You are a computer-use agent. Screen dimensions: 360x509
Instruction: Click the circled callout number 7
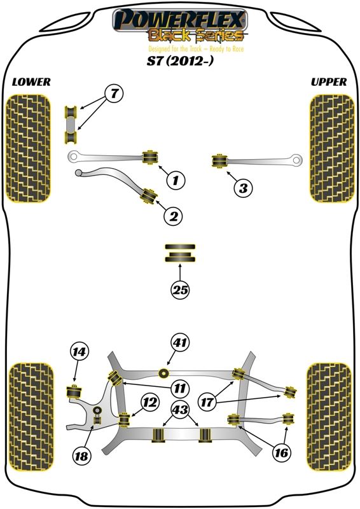(x=114, y=94)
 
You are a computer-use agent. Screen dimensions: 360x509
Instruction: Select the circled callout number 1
(x=176, y=179)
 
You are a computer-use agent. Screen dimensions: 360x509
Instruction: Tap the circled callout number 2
(x=174, y=216)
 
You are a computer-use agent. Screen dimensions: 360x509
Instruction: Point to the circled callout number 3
(x=244, y=188)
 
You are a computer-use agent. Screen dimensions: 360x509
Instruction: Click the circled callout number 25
(x=181, y=289)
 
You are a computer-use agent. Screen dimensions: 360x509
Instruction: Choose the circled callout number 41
(x=181, y=342)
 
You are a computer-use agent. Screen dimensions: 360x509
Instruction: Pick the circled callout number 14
(x=80, y=352)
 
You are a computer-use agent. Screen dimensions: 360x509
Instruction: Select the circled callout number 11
(x=180, y=388)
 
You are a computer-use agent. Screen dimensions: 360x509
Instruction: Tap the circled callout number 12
(x=150, y=403)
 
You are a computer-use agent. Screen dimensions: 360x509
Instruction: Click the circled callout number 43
(x=181, y=410)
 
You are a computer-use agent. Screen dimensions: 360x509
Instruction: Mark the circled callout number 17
(x=207, y=403)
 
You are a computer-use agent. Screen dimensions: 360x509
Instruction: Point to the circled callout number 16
(x=281, y=452)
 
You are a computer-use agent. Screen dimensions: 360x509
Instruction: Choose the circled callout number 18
(x=81, y=456)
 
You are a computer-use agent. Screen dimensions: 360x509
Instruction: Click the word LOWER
(x=31, y=82)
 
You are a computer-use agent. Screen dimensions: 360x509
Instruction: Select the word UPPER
(x=328, y=82)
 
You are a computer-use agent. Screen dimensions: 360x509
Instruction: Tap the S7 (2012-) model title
(x=181, y=61)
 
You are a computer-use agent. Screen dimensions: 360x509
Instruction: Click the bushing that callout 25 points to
(x=180, y=253)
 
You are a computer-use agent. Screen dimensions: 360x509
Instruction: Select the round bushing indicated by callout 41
(x=164, y=373)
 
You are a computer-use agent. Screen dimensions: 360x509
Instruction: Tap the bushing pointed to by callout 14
(x=74, y=391)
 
